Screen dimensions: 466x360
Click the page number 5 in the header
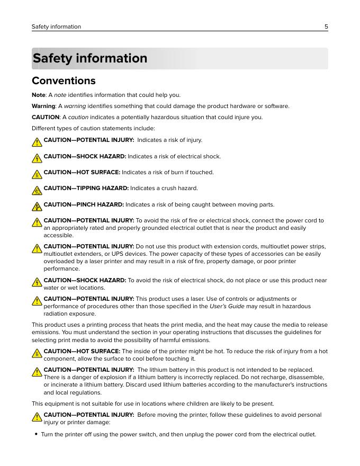(x=326, y=26)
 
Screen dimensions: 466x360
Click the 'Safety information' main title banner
(x=90, y=58)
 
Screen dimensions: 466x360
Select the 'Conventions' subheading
(x=64, y=81)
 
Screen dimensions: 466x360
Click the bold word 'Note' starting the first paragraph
(x=38, y=95)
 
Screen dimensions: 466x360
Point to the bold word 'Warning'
(x=43, y=106)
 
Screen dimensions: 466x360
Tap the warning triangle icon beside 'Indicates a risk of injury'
(x=37, y=142)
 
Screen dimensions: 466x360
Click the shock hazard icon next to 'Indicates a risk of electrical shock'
(x=37, y=158)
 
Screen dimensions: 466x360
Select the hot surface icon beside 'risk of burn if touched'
(x=37, y=174)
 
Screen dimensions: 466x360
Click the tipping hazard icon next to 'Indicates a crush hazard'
(x=37, y=190)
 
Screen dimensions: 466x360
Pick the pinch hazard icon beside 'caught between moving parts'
(x=37, y=206)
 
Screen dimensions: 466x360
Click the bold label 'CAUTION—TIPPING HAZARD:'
(x=86, y=189)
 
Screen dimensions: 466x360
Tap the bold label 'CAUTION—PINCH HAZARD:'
(x=84, y=205)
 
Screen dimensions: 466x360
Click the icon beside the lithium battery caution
(x=37, y=372)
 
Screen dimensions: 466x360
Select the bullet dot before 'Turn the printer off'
(x=36, y=435)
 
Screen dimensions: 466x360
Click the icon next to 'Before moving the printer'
(x=37, y=417)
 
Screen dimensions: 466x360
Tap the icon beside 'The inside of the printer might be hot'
(x=37, y=353)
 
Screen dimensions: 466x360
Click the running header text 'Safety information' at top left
(x=56, y=26)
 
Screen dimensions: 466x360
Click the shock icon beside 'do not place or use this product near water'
(x=37, y=282)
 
